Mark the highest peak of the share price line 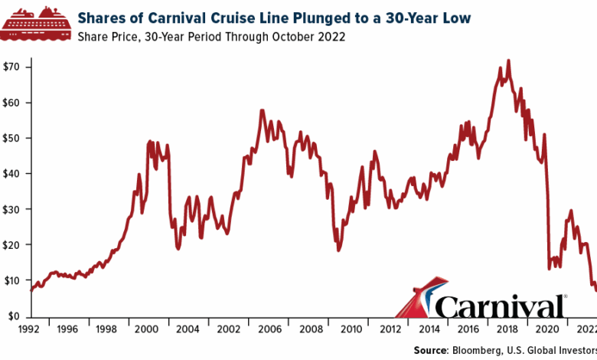tap(509, 61)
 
